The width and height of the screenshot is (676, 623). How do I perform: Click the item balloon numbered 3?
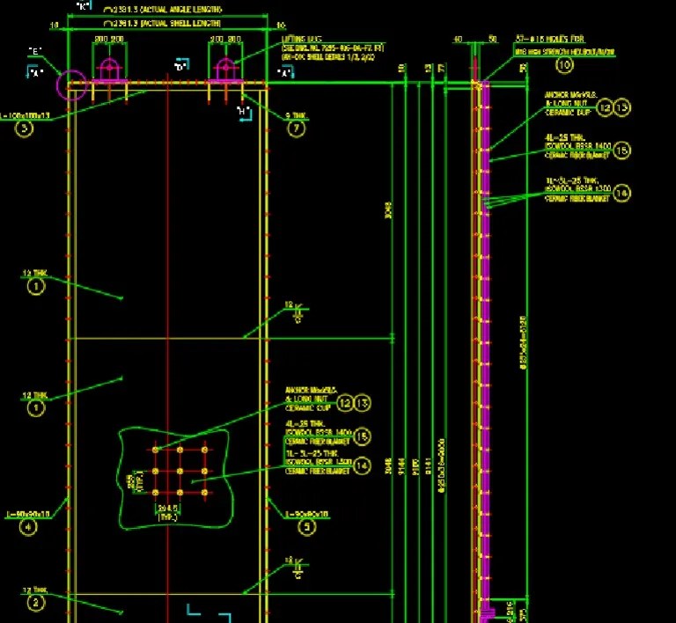(x=24, y=128)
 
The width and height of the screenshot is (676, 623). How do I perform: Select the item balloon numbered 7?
(x=296, y=128)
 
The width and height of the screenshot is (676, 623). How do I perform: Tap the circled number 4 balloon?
(x=30, y=527)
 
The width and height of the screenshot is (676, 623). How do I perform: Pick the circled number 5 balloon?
(x=306, y=527)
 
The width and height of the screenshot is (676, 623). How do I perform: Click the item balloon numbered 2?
(x=35, y=603)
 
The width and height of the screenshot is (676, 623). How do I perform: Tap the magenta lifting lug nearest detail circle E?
(x=109, y=70)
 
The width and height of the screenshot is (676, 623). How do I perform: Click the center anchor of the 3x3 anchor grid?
(x=180, y=471)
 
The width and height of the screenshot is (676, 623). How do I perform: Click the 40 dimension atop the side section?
(x=458, y=39)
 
